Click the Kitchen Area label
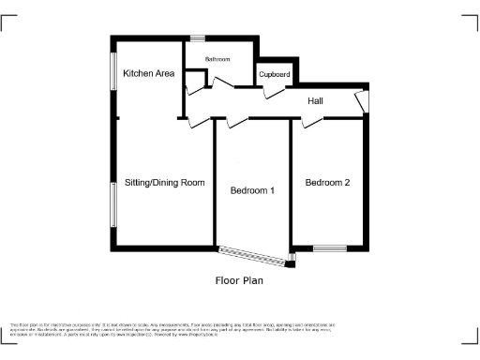coord(149,73)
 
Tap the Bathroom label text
coord(217,59)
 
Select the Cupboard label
coord(275,73)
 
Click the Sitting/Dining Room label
coord(164,182)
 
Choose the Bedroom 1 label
coord(252,191)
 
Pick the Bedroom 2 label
coord(327,183)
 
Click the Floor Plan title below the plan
coord(239,279)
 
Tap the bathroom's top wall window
coord(198,37)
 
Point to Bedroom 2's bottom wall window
coord(330,248)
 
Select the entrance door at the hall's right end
coord(361,100)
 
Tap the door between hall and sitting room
coord(191,120)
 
